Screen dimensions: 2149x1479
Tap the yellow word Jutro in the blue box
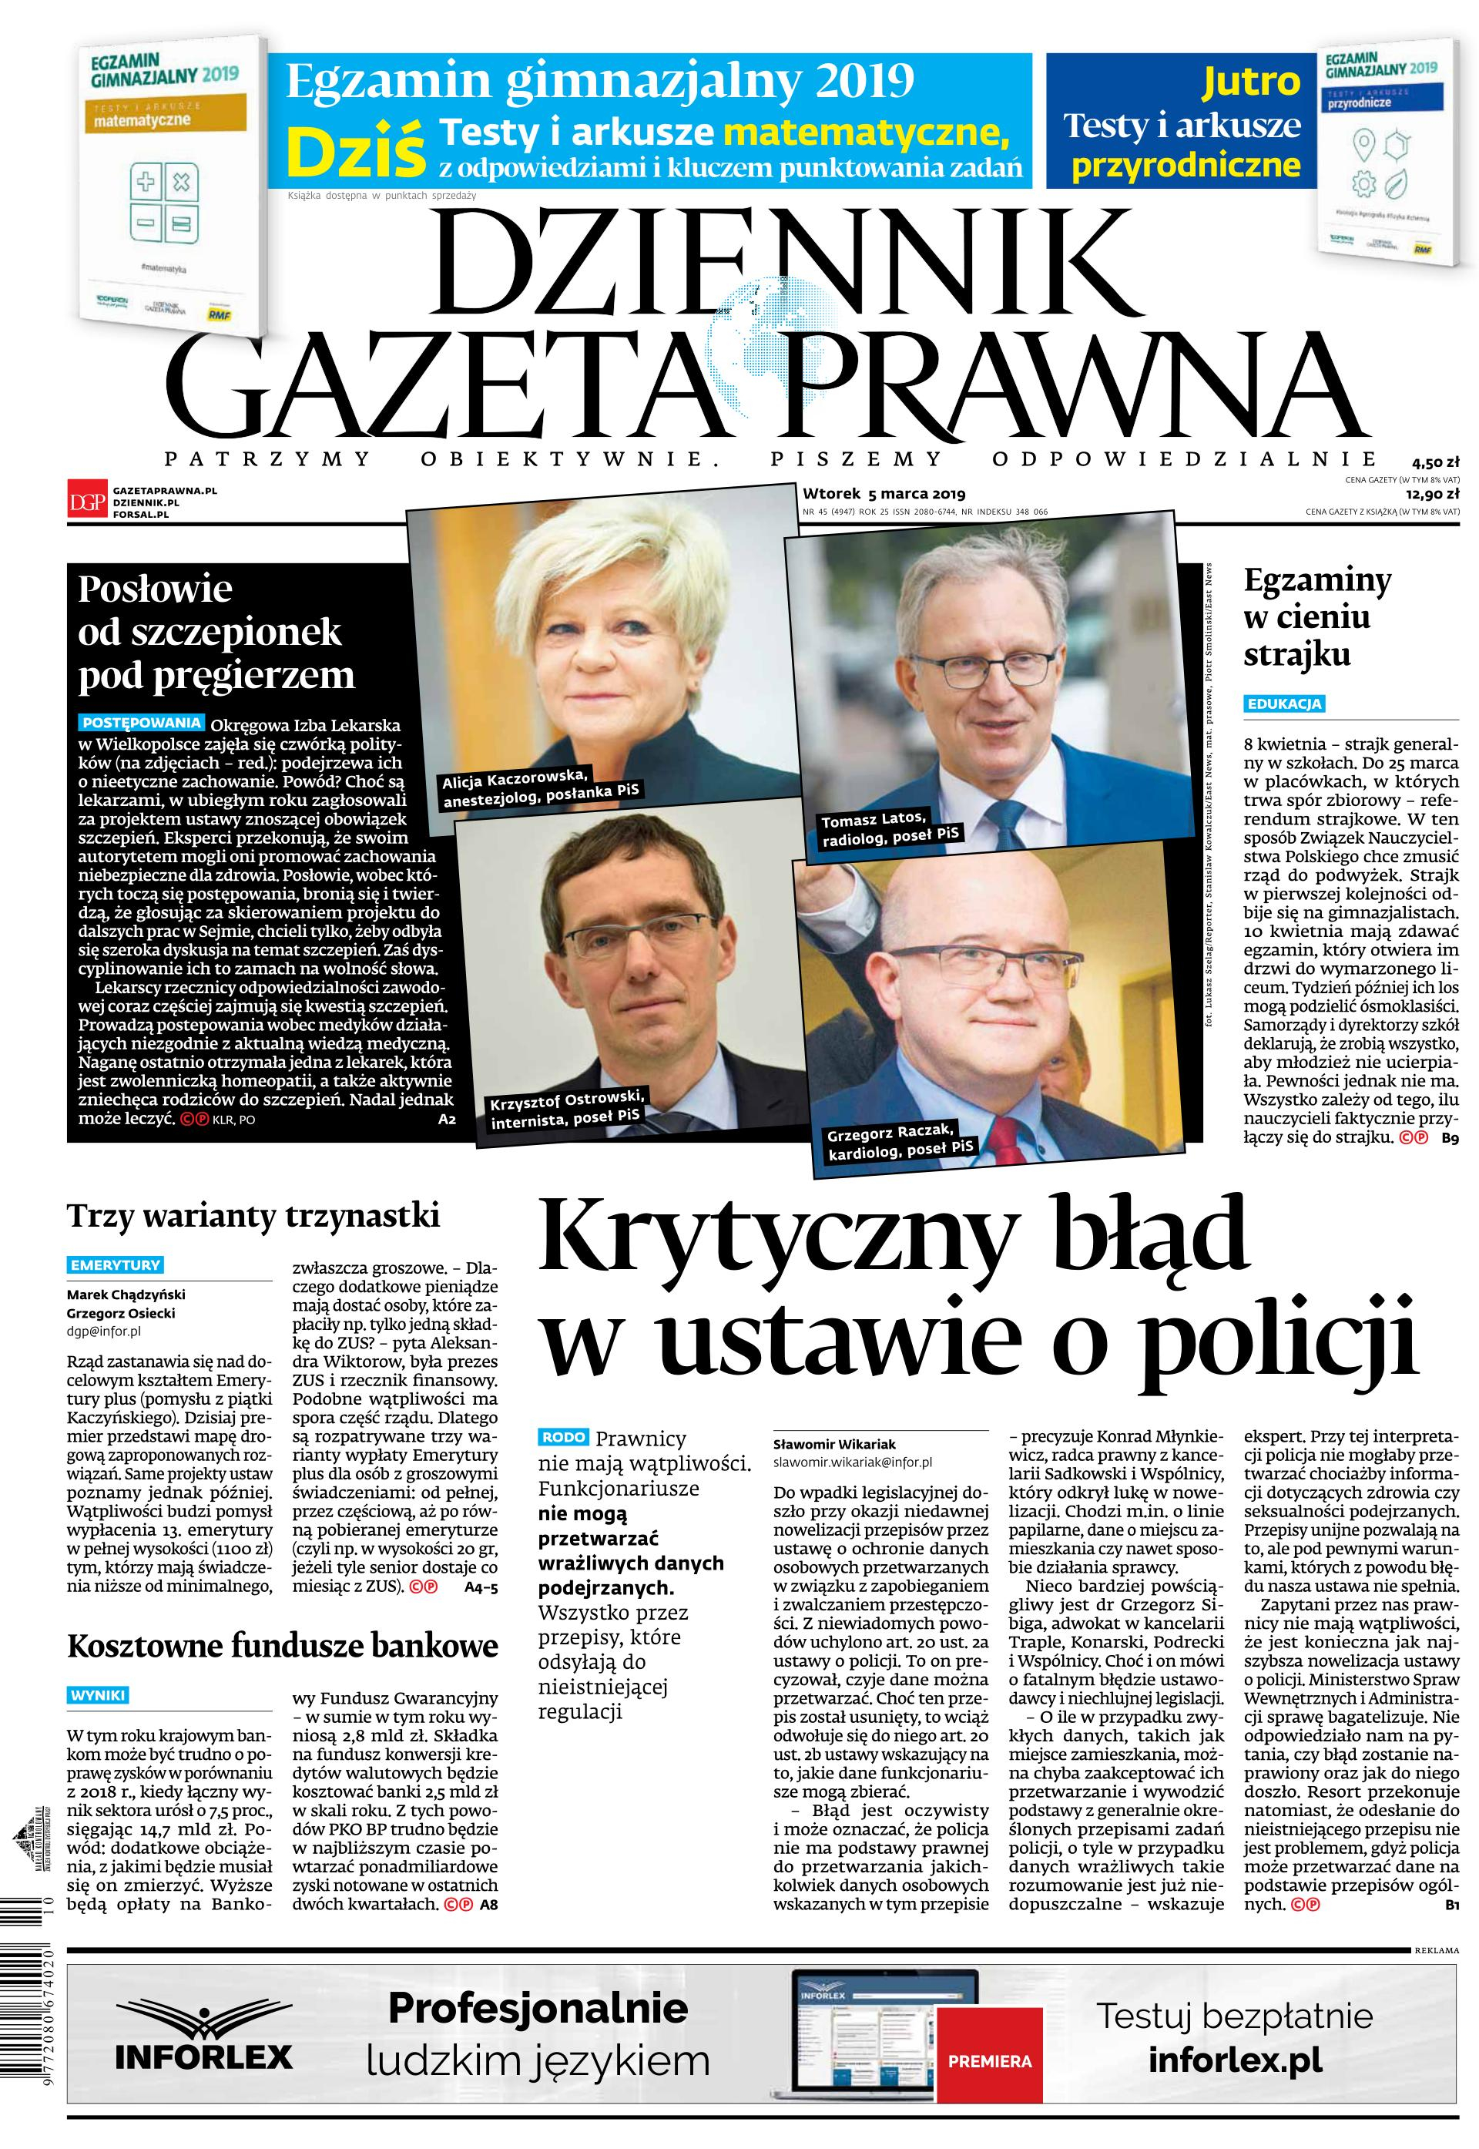(x=1250, y=82)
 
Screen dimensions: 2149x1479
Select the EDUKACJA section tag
(x=1283, y=704)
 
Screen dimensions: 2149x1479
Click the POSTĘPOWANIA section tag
(x=142, y=722)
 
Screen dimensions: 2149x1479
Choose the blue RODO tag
(x=563, y=1437)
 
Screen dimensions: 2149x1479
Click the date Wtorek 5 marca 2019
(x=884, y=493)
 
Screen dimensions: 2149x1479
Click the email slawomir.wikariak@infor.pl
(x=853, y=1462)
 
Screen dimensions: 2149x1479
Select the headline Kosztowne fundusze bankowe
(x=283, y=1645)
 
